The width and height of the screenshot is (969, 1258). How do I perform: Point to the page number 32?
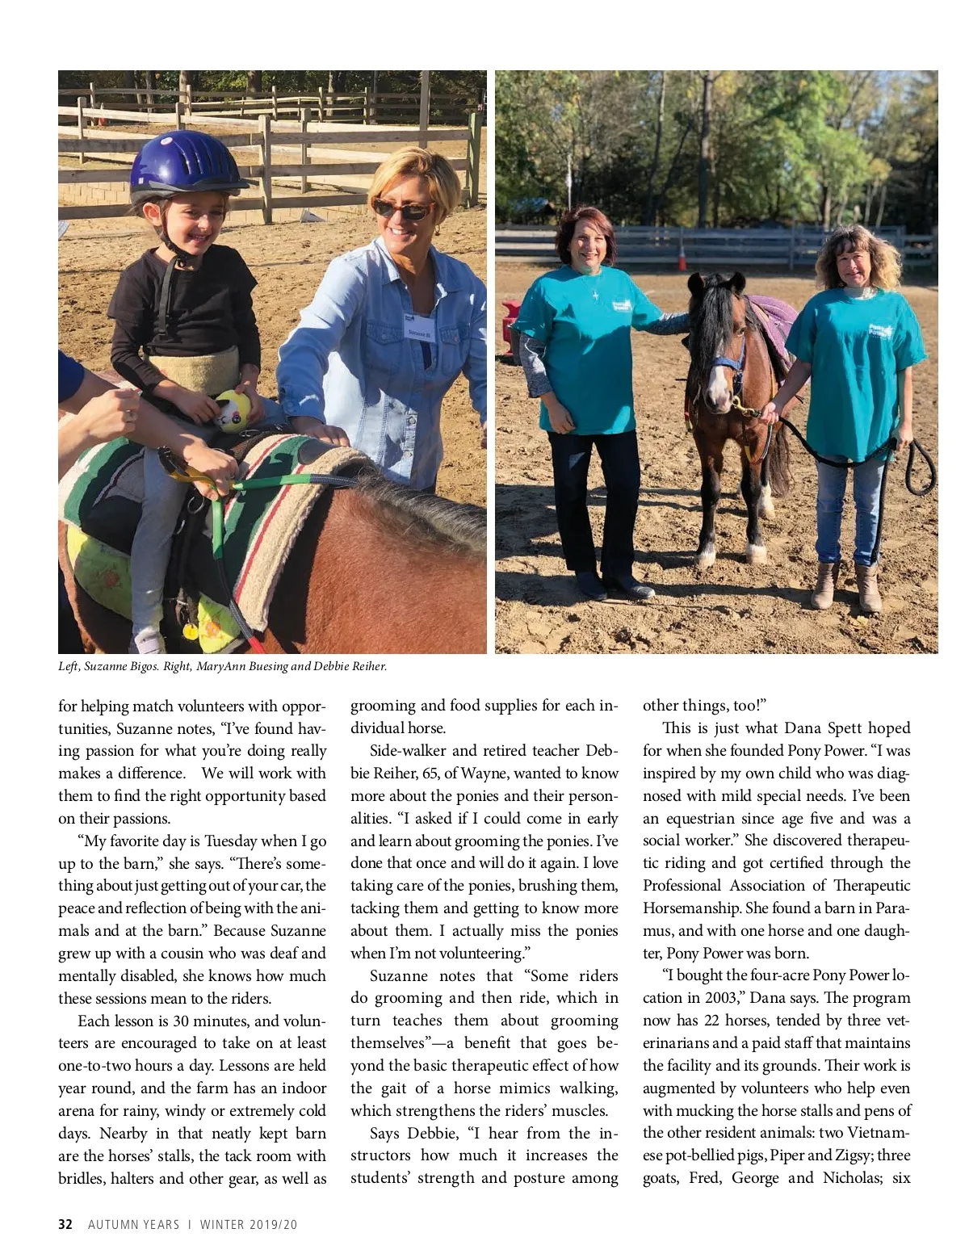click(x=65, y=1224)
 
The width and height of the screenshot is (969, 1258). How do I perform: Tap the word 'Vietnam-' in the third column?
click(x=879, y=1133)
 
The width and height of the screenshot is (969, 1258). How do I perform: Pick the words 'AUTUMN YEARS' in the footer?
click(x=133, y=1224)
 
